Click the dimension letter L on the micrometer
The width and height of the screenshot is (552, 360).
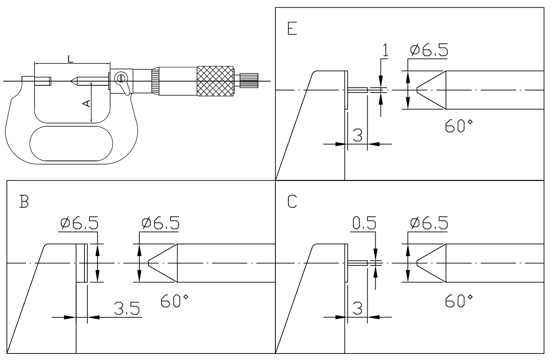pyautogui.click(x=70, y=59)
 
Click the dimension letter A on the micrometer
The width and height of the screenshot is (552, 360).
pyautogui.click(x=87, y=104)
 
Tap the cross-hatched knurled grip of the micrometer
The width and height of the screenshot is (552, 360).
pyautogui.click(x=215, y=82)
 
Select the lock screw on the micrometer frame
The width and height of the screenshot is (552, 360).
pyautogui.click(x=121, y=78)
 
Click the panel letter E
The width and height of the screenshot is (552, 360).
pyautogui.click(x=292, y=30)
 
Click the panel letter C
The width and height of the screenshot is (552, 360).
pyautogui.click(x=292, y=202)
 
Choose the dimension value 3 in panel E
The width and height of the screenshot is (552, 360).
pyautogui.click(x=357, y=135)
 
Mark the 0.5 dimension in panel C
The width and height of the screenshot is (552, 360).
pyautogui.click(x=364, y=223)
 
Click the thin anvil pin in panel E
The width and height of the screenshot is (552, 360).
pyautogui.click(x=358, y=90)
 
